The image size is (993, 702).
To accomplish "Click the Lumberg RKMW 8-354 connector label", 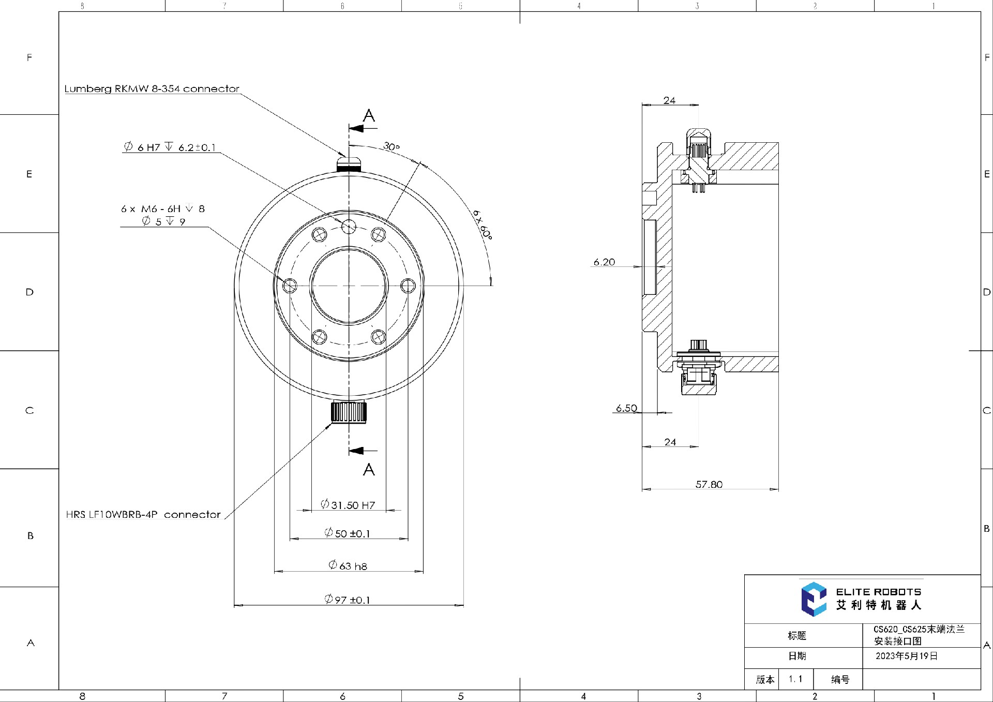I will [x=152, y=88].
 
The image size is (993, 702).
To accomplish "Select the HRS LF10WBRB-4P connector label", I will [x=143, y=515].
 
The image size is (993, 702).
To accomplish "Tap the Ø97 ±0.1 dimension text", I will [x=348, y=600].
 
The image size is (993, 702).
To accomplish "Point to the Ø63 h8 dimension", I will [x=348, y=565].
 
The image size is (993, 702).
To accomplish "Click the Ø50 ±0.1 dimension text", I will [x=348, y=533].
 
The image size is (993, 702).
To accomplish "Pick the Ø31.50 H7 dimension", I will [x=348, y=504].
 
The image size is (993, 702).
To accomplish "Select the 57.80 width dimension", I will [x=709, y=484].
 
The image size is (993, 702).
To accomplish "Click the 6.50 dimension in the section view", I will [x=626, y=408].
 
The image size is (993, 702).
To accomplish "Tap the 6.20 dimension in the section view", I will [x=604, y=262].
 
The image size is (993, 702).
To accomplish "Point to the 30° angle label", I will [x=392, y=146].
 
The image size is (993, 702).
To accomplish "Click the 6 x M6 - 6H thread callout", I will [x=163, y=209].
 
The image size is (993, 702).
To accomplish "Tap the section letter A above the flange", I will [x=369, y=115].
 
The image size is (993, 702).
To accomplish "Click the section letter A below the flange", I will [x=369, y=469].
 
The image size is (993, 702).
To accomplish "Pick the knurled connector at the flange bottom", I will [x=349, y=412].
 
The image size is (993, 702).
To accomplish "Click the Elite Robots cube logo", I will [x=814, y=599].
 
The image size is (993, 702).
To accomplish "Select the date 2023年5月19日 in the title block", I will [x=906, y=656].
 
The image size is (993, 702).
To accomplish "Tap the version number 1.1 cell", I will [x=795, y=679].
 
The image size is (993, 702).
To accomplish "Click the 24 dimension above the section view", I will [x=669, y=100].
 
